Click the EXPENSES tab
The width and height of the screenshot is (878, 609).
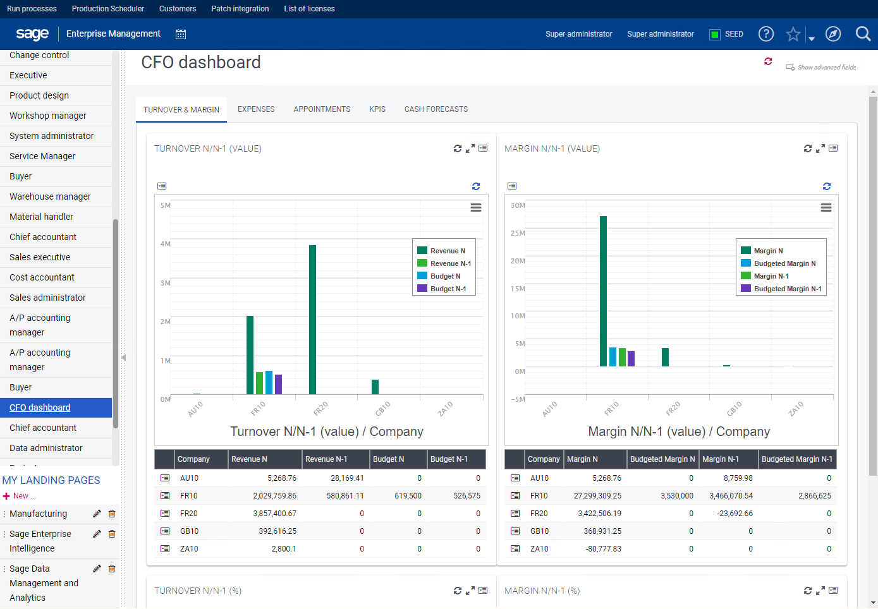[x=256, y=109]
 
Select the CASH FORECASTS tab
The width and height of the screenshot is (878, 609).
[x=436, y=109]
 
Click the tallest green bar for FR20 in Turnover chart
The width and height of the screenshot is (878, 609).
[x=312, y=319]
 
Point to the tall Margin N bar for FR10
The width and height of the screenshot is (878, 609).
[x=603, y=291]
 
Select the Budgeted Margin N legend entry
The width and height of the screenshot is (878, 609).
[x=784, y=263]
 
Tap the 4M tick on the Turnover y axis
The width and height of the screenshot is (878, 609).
[x=165, y=244]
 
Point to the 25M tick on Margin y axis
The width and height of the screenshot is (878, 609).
[x=518, y=233]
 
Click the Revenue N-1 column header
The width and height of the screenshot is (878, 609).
[x=326, y=459]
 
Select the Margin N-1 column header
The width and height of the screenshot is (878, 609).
[x=720, y=459]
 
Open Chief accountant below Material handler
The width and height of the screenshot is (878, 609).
[x=43, y=237]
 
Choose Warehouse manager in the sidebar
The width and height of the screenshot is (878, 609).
[x=50, y=196]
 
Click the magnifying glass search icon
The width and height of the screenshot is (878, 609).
[x=863, y=34]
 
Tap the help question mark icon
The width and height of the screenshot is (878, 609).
[x=765, y=34]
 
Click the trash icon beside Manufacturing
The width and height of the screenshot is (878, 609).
[x=112, y=514]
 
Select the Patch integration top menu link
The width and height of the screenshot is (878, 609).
[x=240, y=9]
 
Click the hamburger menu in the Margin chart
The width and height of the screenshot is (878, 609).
[x=826, y=208]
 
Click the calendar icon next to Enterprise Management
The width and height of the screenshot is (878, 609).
[x=181, y=34]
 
